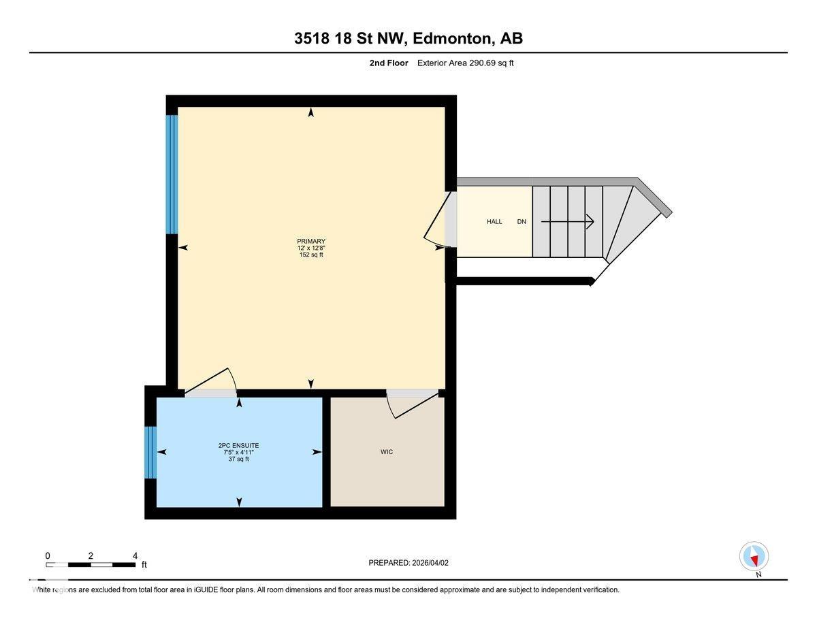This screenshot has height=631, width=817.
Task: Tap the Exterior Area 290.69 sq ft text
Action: pyautogui.click(x=470, y=63)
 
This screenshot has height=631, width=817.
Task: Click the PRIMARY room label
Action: pyautogui.click(x=311, y=242)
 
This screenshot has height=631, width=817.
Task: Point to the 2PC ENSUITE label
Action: pyautogui.click(x=238, y=446)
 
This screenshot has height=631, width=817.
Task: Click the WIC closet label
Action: pyautogui.click(x=387, y=452)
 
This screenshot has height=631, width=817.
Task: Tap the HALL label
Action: pyautogui.click(x=494, y=222)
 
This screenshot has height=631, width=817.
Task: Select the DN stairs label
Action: pyautogui.click(x=522, y=222)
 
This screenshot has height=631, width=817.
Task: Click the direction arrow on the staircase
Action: pyautogui.click(x=568, y=221)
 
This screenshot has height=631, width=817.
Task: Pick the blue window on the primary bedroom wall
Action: pyautogui.click(x=172, y=174)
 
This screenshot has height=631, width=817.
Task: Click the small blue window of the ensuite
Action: pyautogui.click(x=150, y=453)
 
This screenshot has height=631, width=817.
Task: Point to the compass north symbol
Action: pyautogui.click(x=754, y=557)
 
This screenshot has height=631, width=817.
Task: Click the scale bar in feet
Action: pyautogui.click(x=91, y=565)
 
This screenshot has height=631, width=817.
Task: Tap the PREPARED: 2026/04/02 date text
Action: pyautogui.click(x=408, y=563)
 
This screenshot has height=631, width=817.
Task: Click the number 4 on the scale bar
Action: pyautogui.click(x=135, y=555)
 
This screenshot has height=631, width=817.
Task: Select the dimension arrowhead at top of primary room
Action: pyautogui.click(x=311, y=113)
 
